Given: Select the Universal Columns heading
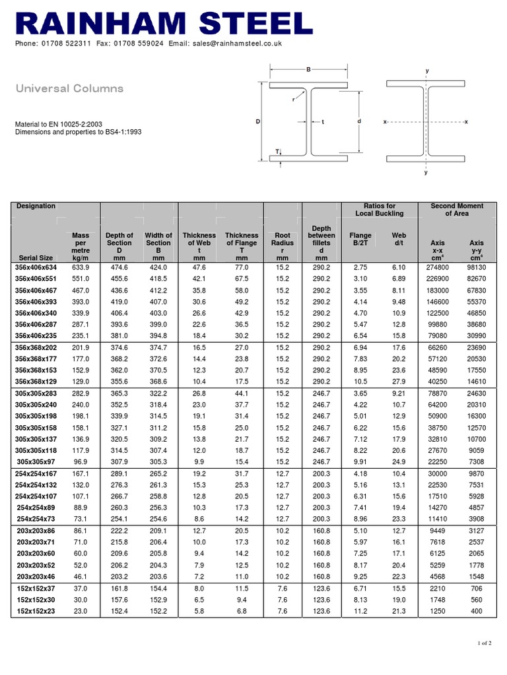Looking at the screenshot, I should click(x=69, y=88).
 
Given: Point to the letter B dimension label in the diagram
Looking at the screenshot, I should click(x=308, y=69).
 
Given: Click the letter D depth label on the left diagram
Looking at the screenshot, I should click(x=257, y=122).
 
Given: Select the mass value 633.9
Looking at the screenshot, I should click(x=81, y=267).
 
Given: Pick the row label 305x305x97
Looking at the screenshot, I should click(x=36, y=461).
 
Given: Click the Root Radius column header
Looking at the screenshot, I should click(x=283, y=243).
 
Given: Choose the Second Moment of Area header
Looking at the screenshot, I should click(x=457, y=210).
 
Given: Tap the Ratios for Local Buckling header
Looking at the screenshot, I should click(x=380, y=210).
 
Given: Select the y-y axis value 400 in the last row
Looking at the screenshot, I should click(x=476, y=611).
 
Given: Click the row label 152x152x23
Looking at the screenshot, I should click(x=36, y=611).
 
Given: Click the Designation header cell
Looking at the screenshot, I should click(x=36, y=206).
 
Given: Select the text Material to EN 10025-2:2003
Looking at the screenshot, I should click(x=60, y=123).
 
